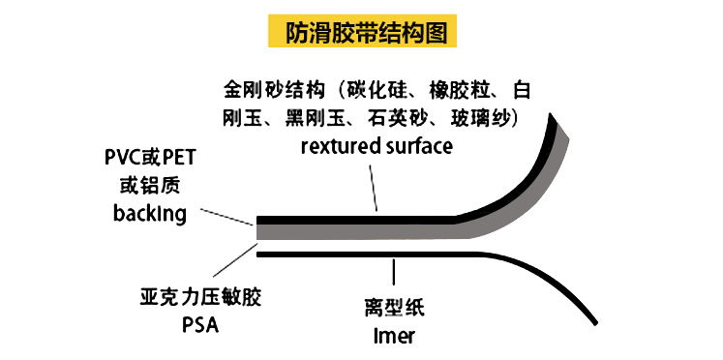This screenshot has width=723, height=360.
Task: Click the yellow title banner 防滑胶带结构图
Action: pyautogui.click(x=362, y=31)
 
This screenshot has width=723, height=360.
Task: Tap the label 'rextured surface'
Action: pyautogui.click(x=377, y=146)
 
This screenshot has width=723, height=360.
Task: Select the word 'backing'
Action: pyautogui.click(x=150, y=214)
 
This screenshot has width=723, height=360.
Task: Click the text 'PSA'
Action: pyautogui.click(x=200, y=324)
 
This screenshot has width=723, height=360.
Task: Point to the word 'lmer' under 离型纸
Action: pyautogui.click(x=394, y=335)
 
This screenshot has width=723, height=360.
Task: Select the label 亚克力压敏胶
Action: pyautogui.click(x=200, y=298)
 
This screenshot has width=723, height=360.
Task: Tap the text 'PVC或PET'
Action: pyautogui.click(x=150, y=158)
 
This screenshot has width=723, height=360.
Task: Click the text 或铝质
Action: pyautogui.click(x=150, y=185)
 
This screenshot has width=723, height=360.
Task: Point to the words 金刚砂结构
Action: pyautogui.click(x=272, y=91)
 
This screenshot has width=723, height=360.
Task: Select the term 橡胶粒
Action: pyautogui.click(x=457, y=91)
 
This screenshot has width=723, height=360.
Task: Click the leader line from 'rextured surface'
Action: pyautogui.click(x=374, y=187)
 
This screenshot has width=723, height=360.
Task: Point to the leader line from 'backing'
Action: pyautogui.click(x=226, y=217)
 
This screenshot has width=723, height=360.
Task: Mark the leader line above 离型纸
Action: pyautogui.click(x=393, y=272)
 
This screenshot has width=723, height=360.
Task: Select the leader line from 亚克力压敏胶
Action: pyautogui.click(x=234, y=260)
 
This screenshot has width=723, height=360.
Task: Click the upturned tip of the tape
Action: pyautogui.click(x=551, y=115)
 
